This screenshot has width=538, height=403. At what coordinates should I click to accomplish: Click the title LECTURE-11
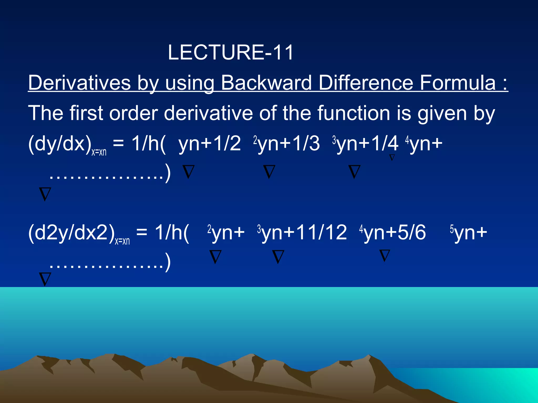(230, 52)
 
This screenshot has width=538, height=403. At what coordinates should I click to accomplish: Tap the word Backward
(266, 83)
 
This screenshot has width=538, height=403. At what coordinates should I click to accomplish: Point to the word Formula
(457, 83)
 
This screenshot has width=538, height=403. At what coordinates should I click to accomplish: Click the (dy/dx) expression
(60, 144)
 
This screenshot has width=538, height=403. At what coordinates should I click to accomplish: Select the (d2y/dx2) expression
(71, 232)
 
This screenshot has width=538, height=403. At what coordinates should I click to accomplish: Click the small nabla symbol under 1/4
(392, 157)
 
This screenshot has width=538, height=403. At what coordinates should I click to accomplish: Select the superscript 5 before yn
(452, 229)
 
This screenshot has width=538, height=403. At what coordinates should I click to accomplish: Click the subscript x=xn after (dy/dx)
(99, 152)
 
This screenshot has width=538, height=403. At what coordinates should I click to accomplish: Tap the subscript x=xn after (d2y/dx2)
(122, 241)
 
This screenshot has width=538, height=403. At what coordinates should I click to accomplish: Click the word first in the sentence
(86, 113)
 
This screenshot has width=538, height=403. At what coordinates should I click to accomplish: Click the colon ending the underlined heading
(505, 83)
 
